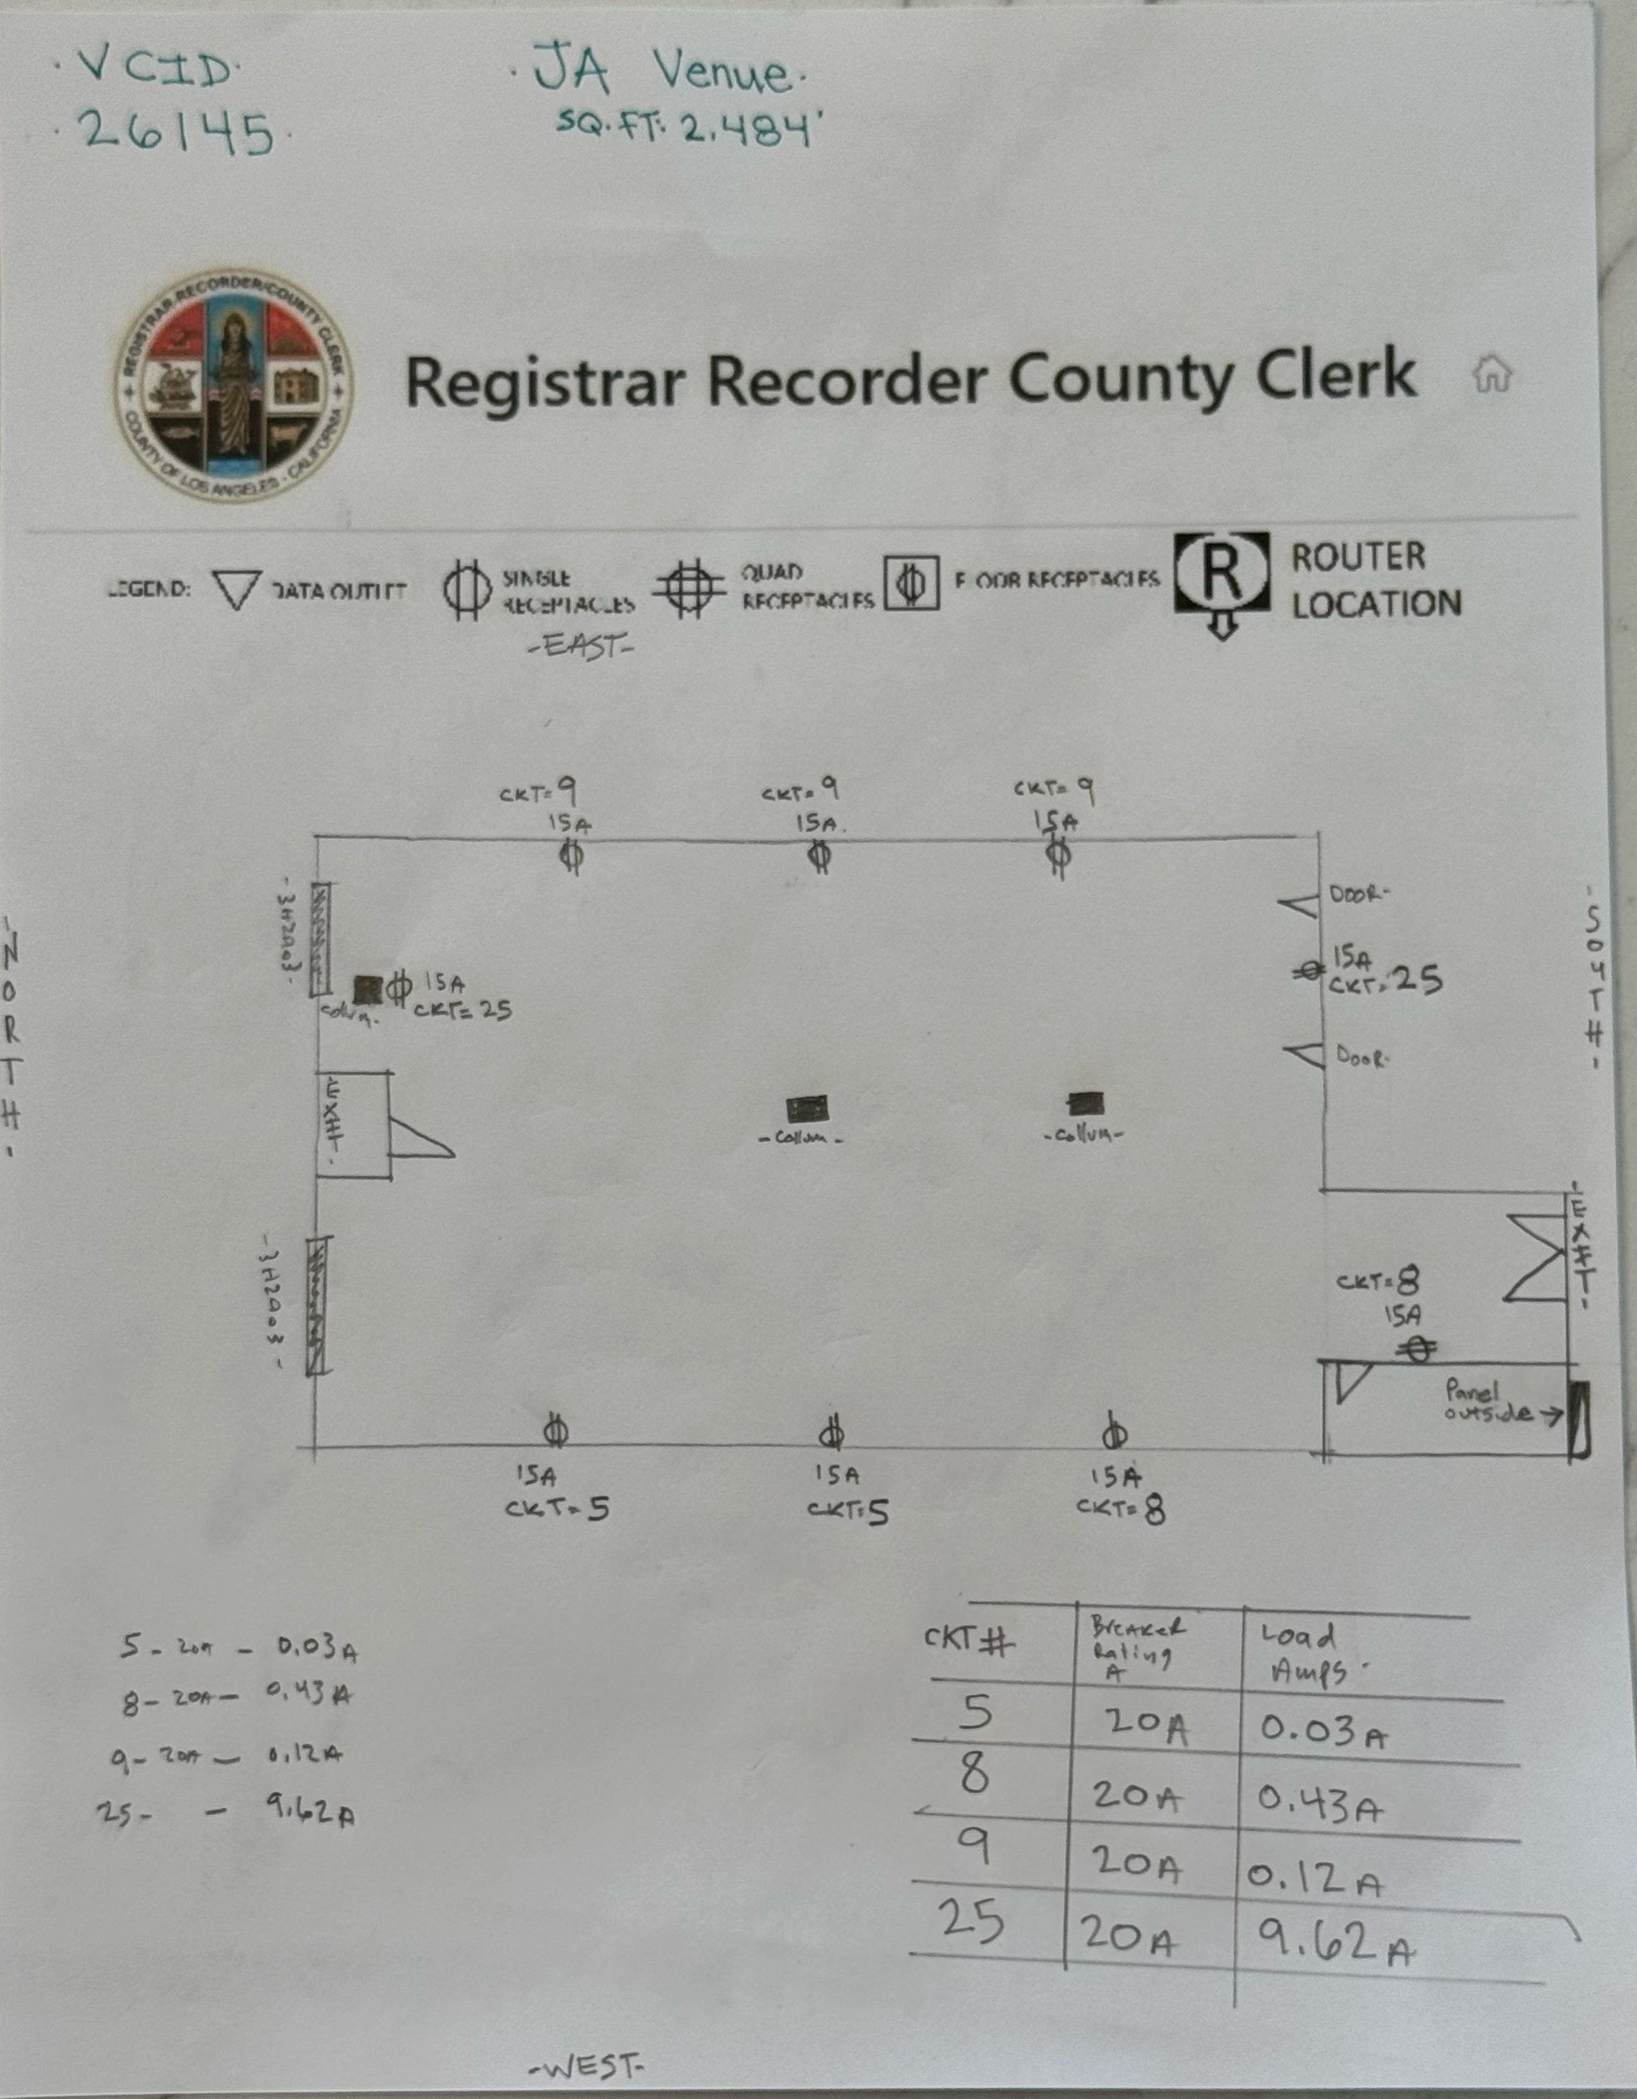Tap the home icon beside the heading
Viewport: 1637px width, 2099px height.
coord(1492,373)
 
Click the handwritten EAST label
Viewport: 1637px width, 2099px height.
coord(581,646)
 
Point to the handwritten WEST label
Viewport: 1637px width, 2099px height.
coord(586,2065)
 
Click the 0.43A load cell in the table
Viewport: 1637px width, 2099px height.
coord(1321,1807)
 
